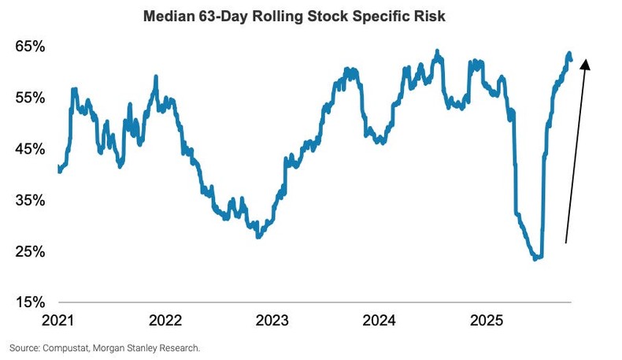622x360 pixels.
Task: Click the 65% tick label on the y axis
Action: coord(29,46)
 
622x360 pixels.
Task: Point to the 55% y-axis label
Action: coord(29,98)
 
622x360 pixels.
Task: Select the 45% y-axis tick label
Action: coord(29,149)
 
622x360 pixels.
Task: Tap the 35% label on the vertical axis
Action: coord(29,200)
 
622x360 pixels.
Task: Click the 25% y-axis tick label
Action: coord(29,251)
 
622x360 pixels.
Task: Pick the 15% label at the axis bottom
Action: coord(29,302)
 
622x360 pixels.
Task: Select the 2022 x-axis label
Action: coord(165,321)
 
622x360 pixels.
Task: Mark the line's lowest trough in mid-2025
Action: coord(536,258)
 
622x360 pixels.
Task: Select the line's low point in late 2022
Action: coord(258,236)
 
